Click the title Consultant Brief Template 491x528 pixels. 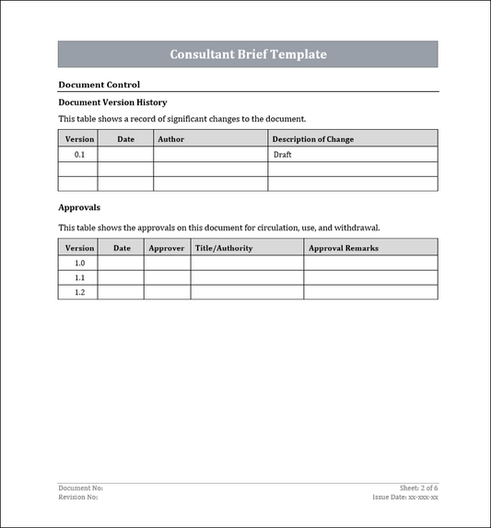coord(248,54)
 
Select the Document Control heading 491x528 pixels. coord(99,84)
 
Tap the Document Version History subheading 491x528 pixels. coord(112,102)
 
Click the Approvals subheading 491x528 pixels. coord(79,207)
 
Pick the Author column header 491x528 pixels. coord(171,139)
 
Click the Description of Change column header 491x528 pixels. coord(312,139)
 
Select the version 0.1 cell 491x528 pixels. coord(79,155)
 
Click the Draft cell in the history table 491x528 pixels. coord(283,155)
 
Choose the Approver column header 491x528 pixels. coord(167,248)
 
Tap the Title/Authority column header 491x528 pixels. coord(224,248)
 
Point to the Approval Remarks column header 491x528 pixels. coord(343,248)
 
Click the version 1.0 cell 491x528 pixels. coord(79,264)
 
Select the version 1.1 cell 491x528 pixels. coord(79,277)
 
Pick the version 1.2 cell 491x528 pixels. coord(79,292)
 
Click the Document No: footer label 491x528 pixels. coord(81,487)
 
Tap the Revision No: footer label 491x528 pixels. coord(78,497)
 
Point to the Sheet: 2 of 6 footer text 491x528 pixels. coord(418,487)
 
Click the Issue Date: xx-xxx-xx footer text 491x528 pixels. coord(405,497)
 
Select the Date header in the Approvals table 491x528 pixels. coord(122,248)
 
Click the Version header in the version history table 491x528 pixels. coord(79,139)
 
